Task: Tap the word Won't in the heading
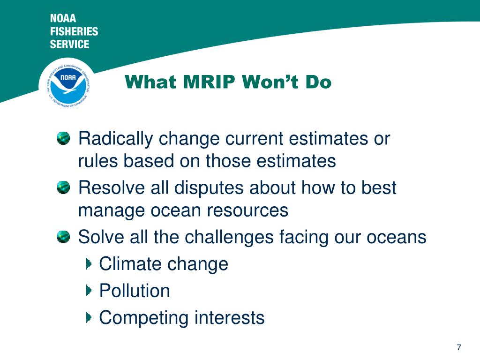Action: (x=270, y=82)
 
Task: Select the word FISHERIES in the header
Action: (x=74, y=31)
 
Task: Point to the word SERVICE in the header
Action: (x=69, y=44)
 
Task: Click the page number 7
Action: (x=459, y=347)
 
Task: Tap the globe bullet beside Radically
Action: (x=63, y=138)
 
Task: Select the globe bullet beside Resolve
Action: (x=63, y=187)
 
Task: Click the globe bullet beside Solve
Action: (x=63, y=237)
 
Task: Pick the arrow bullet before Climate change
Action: (x=89, y=263)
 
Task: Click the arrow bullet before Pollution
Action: (x=89, y=291)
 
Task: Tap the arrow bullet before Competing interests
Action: (x=89, y=317)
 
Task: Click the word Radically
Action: (x=116, y=139)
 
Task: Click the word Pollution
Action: (x=135, y=291)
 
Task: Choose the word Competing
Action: (x=144, y=318)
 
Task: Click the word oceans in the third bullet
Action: (x=397, y=238)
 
